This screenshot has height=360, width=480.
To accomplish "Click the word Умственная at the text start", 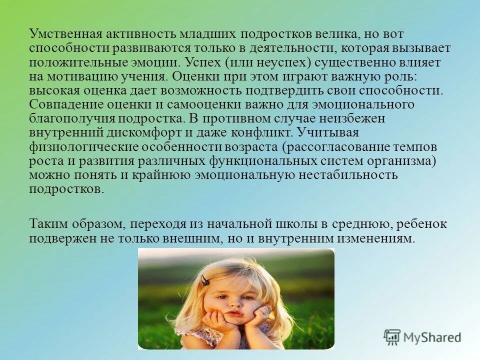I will (x=65, y=34).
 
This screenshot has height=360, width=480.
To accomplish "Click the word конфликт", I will (x=264, y=133).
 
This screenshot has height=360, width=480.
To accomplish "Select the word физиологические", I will (x=83, y=147).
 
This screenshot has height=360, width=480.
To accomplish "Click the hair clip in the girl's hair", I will (x=204, y=281).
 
